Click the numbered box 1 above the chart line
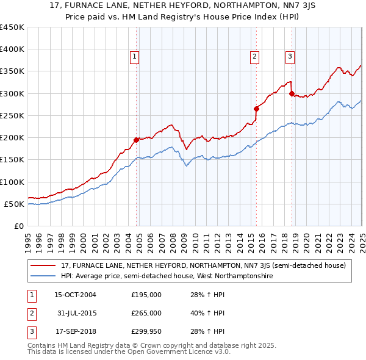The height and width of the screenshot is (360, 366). tap(134, 57)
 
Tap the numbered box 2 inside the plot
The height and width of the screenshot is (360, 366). tap(254, 57)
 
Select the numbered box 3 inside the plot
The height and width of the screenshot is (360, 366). tap(290, 57)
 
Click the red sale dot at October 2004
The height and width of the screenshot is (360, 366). tap(136, 140)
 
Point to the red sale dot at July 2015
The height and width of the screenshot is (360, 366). tap(256, 109)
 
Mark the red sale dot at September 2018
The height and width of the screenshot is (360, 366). tap(292, 93)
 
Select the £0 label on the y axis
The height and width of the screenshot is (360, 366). tap(19, 226)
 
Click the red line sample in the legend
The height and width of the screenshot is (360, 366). tap(43, 266)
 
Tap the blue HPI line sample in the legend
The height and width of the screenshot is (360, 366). tap(43, 276)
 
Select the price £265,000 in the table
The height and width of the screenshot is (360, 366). tap(146, 313)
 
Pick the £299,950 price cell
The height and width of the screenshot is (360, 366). tap(146, 332)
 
